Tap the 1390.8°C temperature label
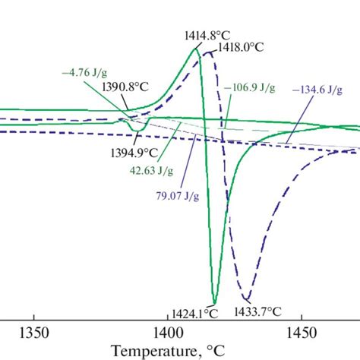pyautogui.click(x=122, y=88)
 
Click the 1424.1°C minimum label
pyautogui.click(x=194, y=311)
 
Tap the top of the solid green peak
pyautogui.click(x=197, y=49)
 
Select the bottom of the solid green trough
pyautogui.click(x=215, y=302)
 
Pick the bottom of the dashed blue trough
pyautogui.click(x=245, y=298)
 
